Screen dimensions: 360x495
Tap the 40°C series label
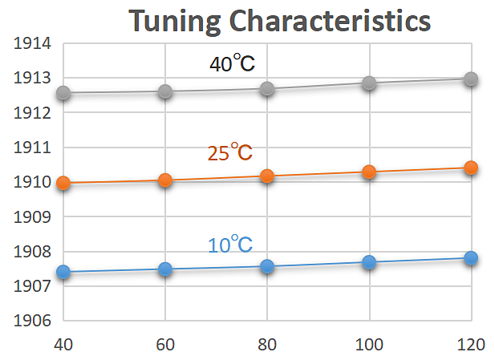pyautogui.click(x=232, y=64)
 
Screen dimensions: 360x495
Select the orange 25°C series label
pyautogui.click(x=230, y=152)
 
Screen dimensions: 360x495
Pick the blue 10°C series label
pyautogui.click(x=231, y=245)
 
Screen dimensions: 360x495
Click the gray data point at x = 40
pyautogui.click(x=63, y=94)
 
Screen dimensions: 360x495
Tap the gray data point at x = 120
pyautogui.click(x=471, y=79)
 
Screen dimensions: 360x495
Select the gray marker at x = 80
pyautogui.click(x=267, y=89)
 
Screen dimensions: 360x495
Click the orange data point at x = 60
pyautogui.click(x=165, y=180)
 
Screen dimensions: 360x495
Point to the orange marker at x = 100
pyautogui.click(x=369, y=172)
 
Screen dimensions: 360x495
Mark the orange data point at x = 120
pyautogui.click(x=471, y=168)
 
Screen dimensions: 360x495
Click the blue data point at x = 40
pyautogui.click(x=63, y=273)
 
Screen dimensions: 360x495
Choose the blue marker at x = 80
pyautogui.click(x=267, y=266)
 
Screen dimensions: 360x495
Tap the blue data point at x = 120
pyautogui.click(x=471, y=257)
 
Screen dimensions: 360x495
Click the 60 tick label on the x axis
pyautogui.click(x=164, y=346)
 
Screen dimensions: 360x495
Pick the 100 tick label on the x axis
pyautogui.click(x=369, y=346)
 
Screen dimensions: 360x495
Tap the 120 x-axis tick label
pyautogui.click(x=471, y=346)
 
